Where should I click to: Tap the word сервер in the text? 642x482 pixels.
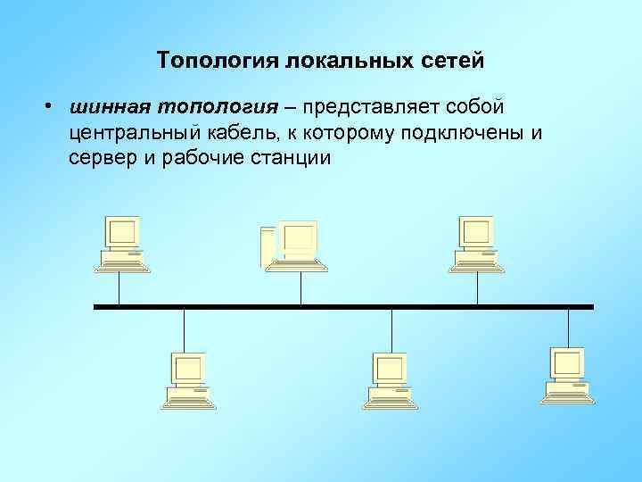click(x=100, y=159)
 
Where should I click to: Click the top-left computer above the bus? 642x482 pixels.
click(x=121, y=242)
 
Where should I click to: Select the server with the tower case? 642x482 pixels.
click(x=294, y=242)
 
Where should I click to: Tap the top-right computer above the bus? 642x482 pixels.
click(x=475, y=242)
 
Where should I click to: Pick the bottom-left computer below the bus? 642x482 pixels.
click(x=187, y=380)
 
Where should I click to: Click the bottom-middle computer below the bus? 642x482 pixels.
click(x=390, y=380)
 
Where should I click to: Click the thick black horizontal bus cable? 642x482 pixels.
click(x=343, y=306)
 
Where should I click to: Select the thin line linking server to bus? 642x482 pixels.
click(x=300, y=287)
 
